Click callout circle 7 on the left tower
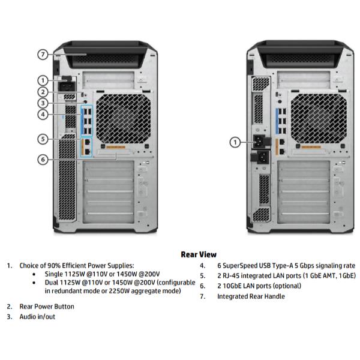(43, 54)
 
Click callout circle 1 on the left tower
(43, 80)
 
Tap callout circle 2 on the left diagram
(43, 92)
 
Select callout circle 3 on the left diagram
(43, 103)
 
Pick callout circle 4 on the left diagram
(43, 115)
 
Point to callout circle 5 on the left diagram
(43, 139)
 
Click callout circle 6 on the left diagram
(43, 159)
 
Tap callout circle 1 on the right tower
(236, 142)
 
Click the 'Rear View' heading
(199, 254)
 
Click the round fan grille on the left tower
(122, 116)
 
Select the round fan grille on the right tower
(316, 116)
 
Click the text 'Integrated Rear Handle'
(251, 296)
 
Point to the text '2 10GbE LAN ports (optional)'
(259, 286)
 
